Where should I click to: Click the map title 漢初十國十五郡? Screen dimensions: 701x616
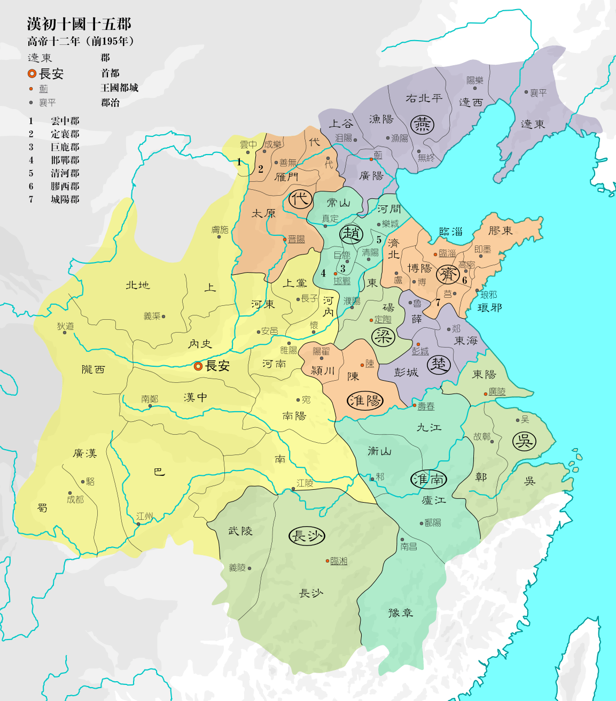coord(79,24)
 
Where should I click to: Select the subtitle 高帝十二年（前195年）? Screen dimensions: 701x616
coord(81,41)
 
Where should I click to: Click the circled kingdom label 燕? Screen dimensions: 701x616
coord(422,125)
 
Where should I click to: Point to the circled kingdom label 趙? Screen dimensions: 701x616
coord(352,234)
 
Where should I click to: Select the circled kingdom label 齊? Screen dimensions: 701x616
coord(448,275)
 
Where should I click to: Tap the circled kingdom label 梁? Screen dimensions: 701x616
coord(383,336)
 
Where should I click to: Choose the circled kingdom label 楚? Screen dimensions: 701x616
coord(439,365)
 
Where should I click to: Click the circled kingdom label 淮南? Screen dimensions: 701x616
coord(428,479)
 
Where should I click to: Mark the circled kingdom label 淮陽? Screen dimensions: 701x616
coord(366,400)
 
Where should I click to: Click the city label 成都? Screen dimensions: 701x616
coord(75,499)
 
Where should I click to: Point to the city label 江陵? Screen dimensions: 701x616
coord(305,483)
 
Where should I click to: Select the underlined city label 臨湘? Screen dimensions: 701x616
coord(339,560)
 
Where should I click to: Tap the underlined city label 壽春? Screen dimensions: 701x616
coord(426,406)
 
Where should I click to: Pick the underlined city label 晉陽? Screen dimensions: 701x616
coord(297,239)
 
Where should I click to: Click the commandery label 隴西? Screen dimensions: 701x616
coord(93,369)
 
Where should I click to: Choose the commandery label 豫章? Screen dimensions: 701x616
coord(401,613)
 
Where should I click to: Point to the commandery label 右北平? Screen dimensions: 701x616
coord(424,98)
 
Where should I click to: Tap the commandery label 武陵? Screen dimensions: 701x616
coord(240,531)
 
